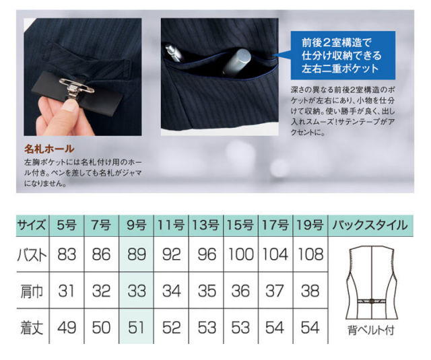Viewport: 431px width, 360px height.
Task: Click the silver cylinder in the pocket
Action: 236,62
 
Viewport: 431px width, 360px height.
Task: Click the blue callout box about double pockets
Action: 343,55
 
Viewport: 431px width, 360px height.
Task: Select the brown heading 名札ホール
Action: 49,149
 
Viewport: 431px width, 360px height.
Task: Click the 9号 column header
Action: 136,225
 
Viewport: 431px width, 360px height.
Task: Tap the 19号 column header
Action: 310,225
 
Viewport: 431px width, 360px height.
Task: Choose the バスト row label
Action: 32,255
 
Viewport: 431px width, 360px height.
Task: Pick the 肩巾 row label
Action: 32,291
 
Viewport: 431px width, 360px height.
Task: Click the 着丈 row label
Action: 32,328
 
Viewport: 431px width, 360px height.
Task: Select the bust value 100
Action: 241,254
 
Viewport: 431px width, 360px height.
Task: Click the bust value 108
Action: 310,254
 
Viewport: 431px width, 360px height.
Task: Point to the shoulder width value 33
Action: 136,291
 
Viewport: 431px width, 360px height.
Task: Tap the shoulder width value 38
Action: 310,291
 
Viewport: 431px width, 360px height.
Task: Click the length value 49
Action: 67,328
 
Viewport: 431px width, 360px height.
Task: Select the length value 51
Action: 136,328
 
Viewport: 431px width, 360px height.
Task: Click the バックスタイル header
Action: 370,225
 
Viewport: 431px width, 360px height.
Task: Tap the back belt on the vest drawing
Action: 371,301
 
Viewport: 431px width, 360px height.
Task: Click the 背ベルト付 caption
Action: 371,330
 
